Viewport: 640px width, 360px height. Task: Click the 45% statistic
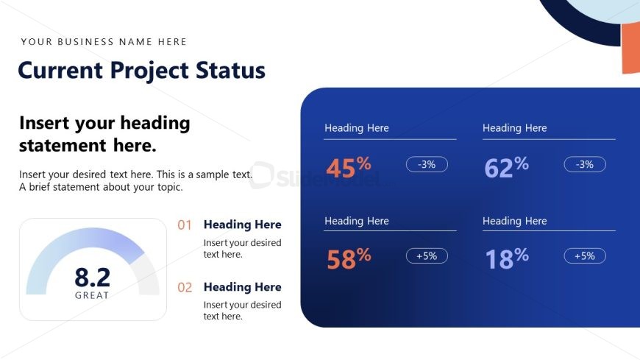[349, 167]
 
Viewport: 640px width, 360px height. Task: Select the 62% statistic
[507, 167]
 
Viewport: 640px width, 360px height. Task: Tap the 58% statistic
[349, 258]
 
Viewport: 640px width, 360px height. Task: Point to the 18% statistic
[507, 258]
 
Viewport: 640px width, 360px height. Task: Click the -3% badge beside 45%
[427, 164]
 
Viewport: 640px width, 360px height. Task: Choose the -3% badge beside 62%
[585, 164]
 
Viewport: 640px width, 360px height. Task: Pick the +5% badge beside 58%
[427, 255]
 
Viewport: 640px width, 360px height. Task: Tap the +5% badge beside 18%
[585, 255]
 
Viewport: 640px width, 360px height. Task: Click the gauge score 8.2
[92, 278]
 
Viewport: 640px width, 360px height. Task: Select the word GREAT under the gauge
[92, 295]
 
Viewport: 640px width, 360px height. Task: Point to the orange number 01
[185, 225]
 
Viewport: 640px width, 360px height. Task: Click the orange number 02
[185, 287]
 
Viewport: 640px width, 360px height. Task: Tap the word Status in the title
[230, 70]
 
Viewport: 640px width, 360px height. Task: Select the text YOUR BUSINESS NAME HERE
[104, 42]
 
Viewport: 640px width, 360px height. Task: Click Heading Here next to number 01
[243, 225]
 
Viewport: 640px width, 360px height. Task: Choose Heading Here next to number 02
[243, 287]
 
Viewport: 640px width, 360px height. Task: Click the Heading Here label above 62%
[515, 128]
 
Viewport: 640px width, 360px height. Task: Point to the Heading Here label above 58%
[357, 221]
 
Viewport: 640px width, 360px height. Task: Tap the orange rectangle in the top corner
[631, 48]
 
